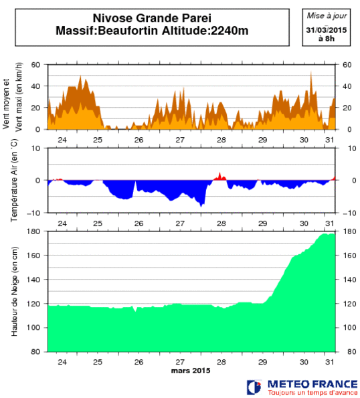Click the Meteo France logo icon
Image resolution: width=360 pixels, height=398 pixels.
[x=254, y=387]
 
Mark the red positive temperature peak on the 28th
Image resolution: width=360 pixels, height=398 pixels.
[x=219, y=175]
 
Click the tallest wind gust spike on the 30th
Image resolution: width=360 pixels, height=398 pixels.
[x=310, y=72]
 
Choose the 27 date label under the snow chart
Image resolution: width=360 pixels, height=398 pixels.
[x=179, y=361]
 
